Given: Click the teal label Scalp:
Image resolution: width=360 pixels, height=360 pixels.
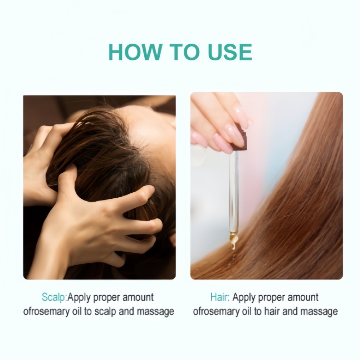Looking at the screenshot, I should point(54,297).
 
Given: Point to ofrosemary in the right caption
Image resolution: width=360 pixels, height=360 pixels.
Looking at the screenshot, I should point(216,311).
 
